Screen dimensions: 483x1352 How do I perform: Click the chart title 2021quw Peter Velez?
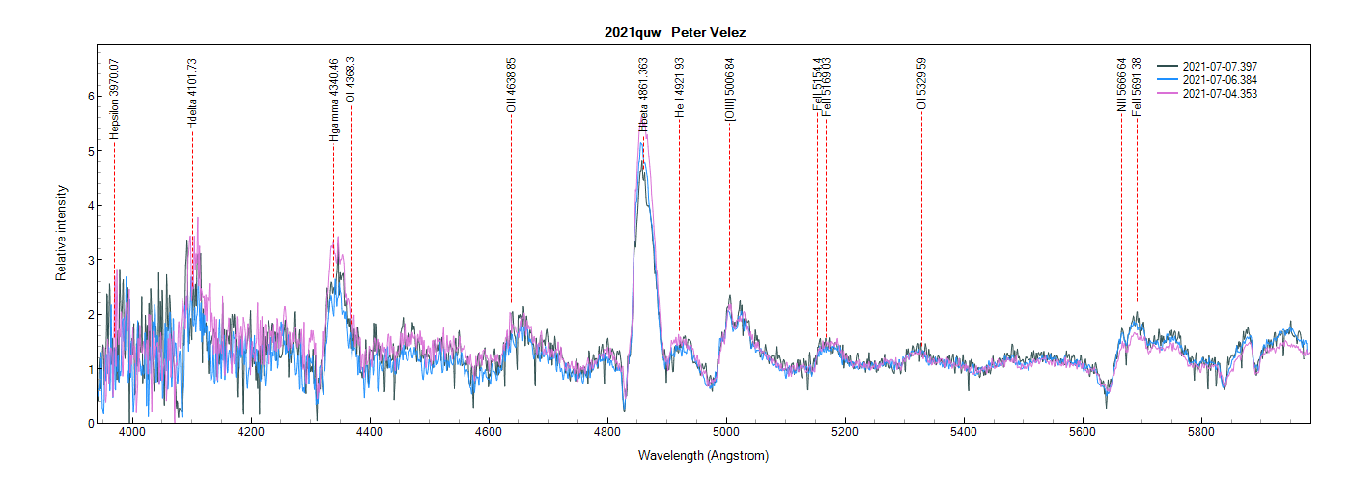tap(675, 33)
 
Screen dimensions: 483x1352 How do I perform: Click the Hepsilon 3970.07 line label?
tap(114, 99)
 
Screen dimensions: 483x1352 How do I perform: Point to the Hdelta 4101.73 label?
tap(192, 95)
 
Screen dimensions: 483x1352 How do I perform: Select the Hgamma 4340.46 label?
tap(334, 99)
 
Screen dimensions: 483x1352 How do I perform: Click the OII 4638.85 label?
tap(512, 86)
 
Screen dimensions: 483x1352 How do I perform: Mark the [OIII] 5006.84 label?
tap(730, 88)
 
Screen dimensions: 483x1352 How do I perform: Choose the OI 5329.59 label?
tap(922, 84)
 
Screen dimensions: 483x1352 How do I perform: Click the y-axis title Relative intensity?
tap(61, 234)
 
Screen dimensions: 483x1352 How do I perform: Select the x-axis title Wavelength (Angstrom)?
tap(703, 455)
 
